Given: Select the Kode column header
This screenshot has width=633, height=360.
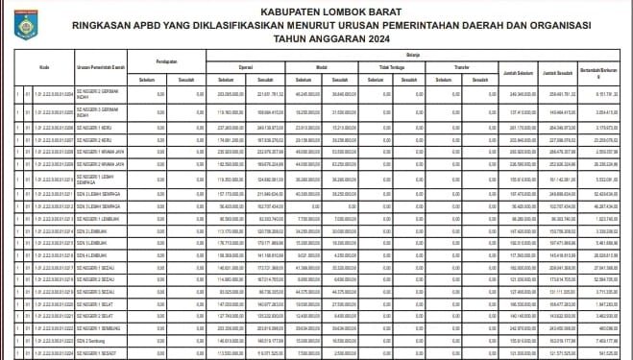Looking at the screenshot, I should click(x=45, y=67).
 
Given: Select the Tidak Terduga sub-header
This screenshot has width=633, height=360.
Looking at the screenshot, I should click(x=389, y=67).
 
